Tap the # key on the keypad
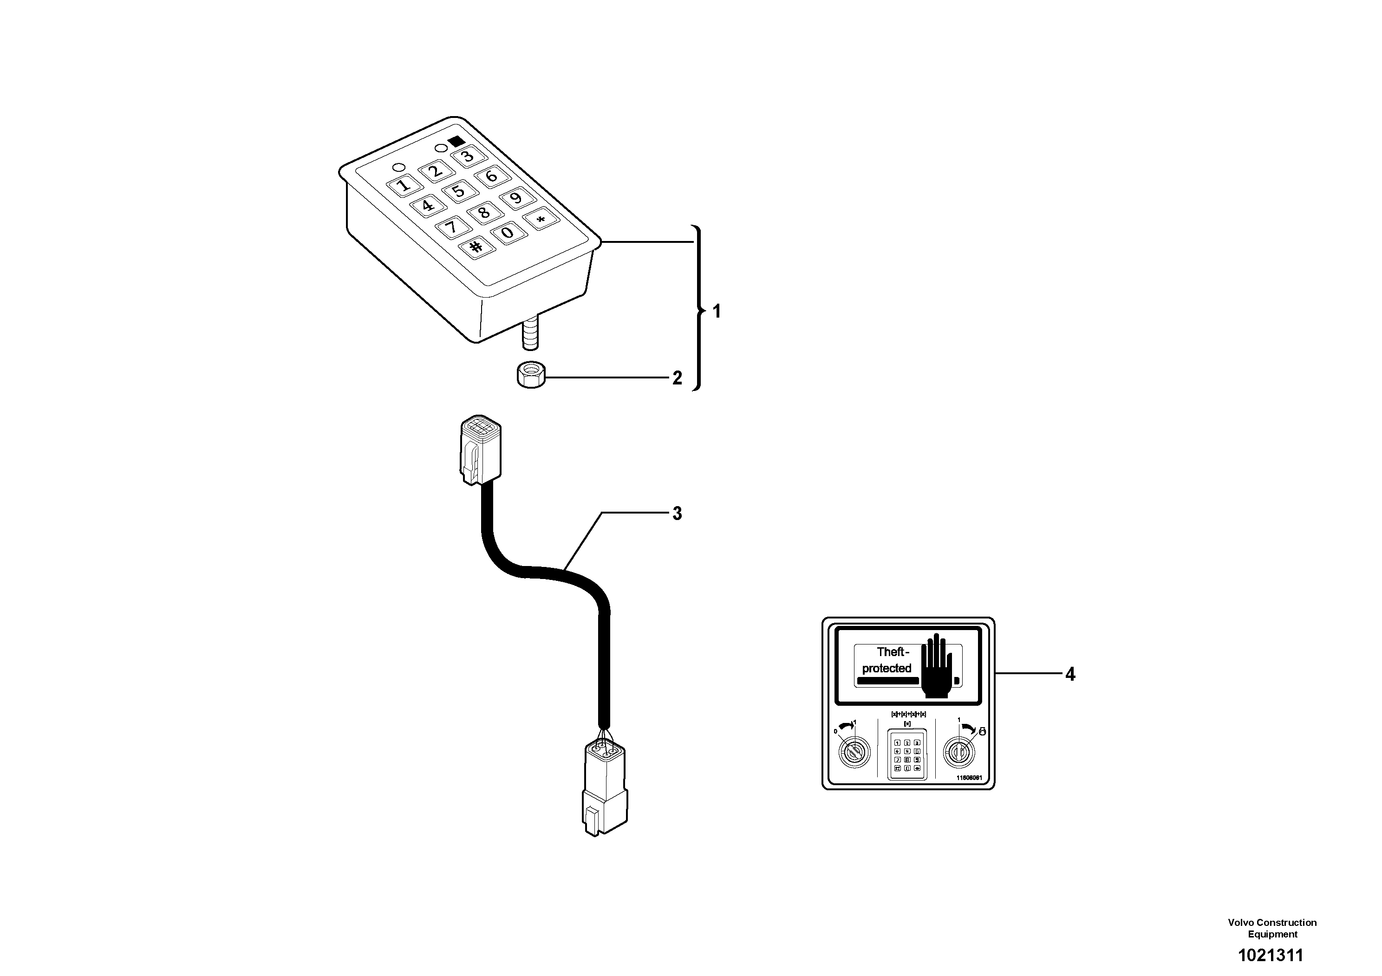(476, 247)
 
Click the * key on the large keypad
(541, 220)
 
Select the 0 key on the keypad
(508, 232)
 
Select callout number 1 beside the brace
(716, 311)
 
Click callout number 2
(677, 378)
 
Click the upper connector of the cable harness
(480, 448)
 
